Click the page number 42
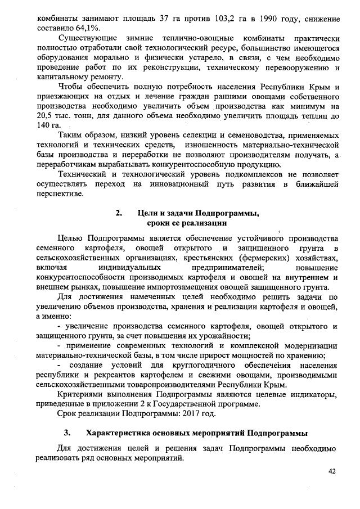[332, 471]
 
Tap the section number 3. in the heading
[67, 433]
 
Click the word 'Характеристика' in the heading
[119, 433]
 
